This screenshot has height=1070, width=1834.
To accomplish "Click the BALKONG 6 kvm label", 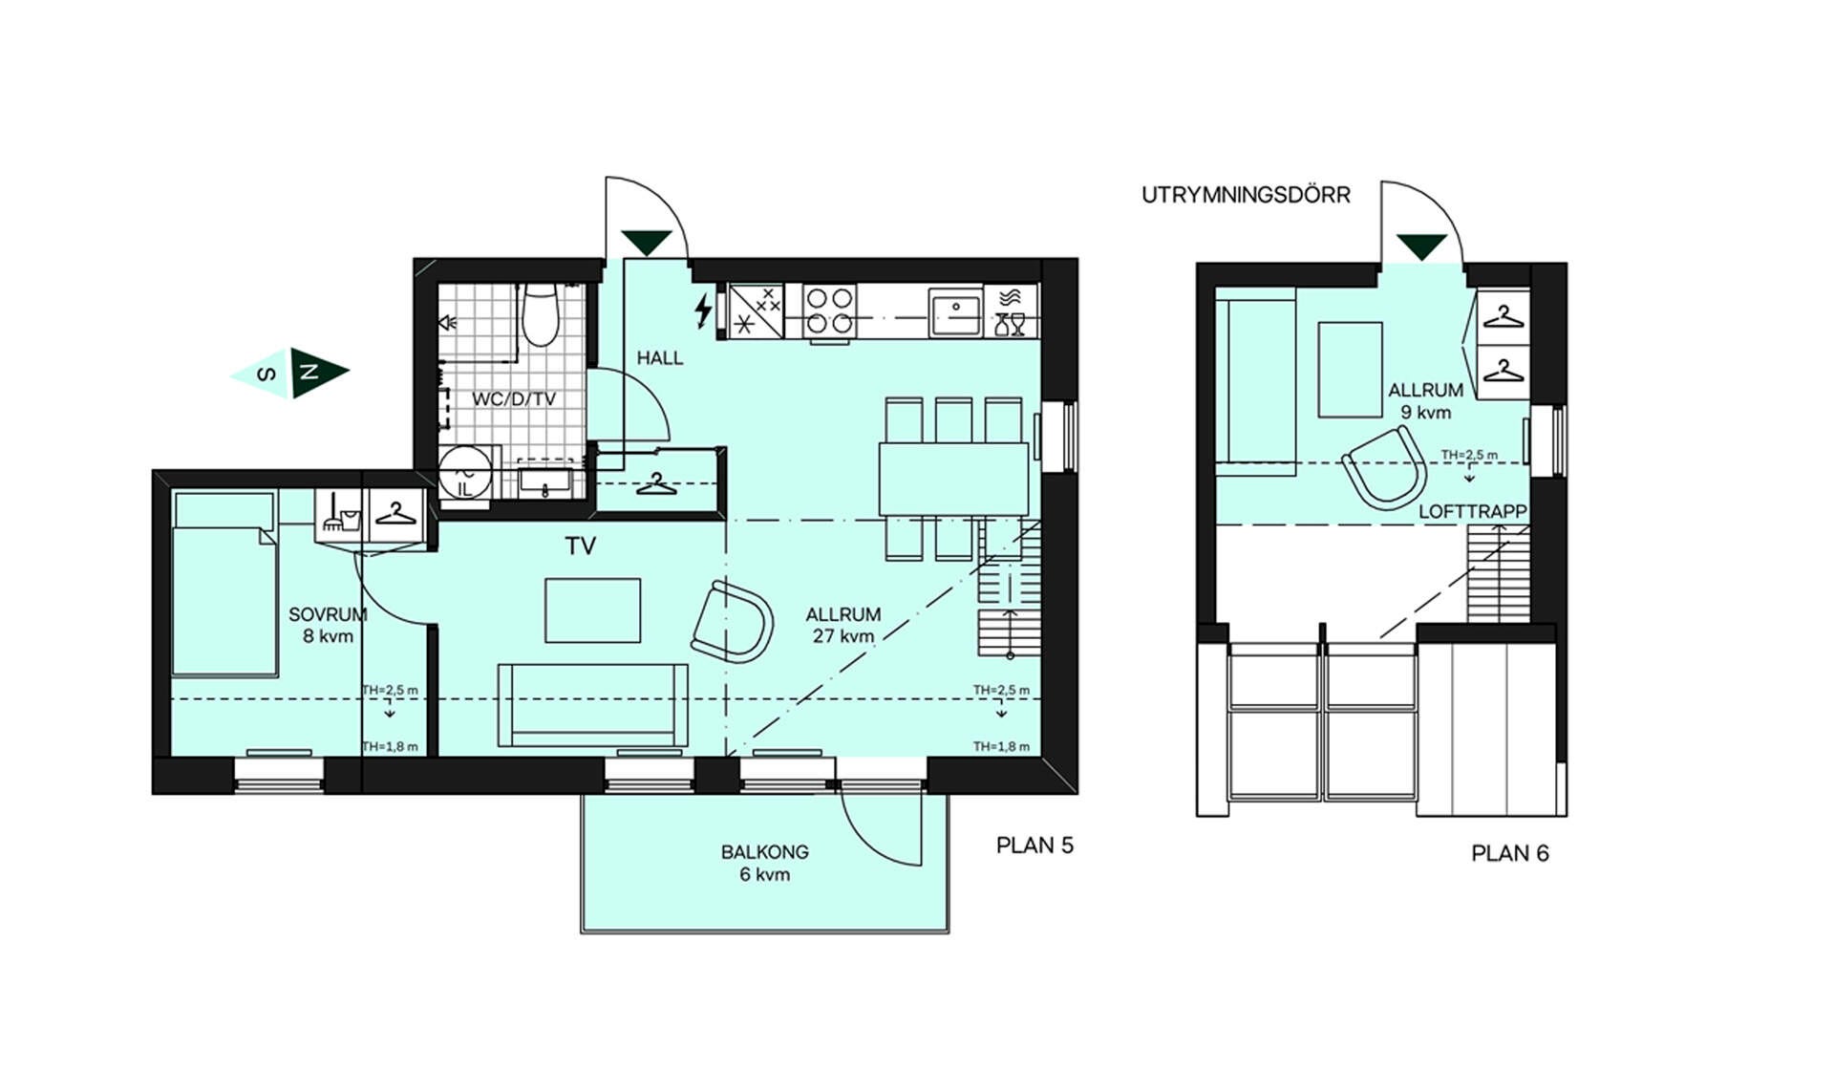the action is pos(764,863).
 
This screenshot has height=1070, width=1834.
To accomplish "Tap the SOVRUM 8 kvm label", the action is pos(328,625).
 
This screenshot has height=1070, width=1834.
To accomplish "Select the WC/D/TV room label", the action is pos(513,399).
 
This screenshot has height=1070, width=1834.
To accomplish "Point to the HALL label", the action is pos(660,358).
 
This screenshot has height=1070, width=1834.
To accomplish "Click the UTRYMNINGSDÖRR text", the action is pos(1246,195).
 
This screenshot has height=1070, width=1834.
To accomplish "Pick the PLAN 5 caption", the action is pos(1034,845).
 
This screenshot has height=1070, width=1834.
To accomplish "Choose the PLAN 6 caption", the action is pos(1509,853).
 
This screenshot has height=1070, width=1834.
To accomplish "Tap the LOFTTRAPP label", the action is pos(1472,512).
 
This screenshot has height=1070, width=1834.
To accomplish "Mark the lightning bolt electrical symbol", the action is pos(703,310).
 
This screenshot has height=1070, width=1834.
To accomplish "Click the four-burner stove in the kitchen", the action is pos(828,311).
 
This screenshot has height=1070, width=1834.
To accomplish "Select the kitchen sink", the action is pos(956,311).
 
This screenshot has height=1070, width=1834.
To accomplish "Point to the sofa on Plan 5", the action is pos(592,704).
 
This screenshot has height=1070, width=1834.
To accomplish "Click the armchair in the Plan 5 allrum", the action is pos(732,622).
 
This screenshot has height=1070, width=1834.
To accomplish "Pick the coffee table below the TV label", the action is pos(592,610).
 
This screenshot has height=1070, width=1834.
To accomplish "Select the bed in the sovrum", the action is pos(225,584).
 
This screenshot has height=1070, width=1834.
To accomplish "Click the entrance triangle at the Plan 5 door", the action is pos(647,243).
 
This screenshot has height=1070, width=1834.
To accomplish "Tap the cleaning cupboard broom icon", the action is pos(341,514).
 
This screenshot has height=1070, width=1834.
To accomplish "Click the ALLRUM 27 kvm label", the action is pos(842,625).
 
